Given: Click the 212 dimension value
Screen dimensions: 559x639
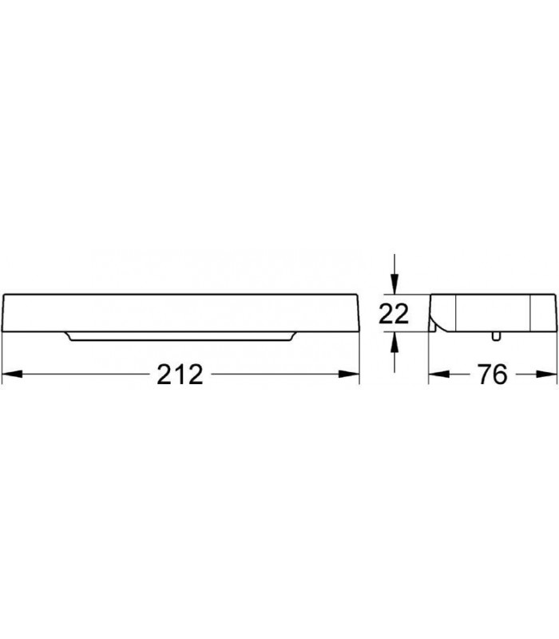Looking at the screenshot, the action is (x=180, y=375).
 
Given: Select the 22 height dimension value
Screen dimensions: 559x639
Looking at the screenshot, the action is (x=393, y=313).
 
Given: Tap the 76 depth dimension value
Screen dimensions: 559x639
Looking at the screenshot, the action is (x=493, y=374).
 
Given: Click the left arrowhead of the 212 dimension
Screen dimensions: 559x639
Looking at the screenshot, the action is (x=12, y=374).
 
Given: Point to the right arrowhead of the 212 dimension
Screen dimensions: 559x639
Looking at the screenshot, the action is (x=349, y=374).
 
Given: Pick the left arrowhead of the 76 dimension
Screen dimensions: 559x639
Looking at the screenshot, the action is (x=438, y=374).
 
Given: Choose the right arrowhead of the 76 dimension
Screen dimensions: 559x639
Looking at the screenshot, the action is (x=546, y=374).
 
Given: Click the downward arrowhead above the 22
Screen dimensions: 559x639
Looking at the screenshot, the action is (x=394, y=284).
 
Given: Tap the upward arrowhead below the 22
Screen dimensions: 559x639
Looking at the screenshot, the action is (x=394, y=343).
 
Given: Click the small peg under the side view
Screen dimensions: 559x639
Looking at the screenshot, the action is (x=495, y=335).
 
